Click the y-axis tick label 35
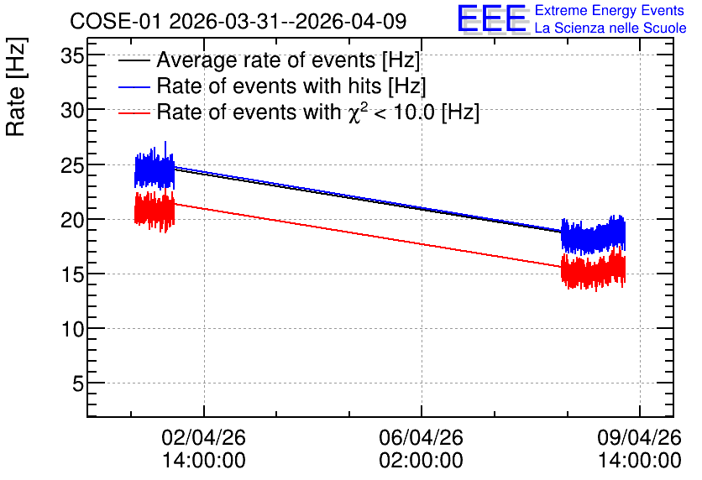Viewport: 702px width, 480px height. pyautogui.click(x=72, y=57)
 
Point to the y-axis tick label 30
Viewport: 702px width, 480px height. pyautogui.click(x=72, y=110)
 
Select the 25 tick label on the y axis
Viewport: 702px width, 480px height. pyautogui.click(x=72, y=165)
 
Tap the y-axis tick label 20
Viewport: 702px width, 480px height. pyautogui.click(x=72, y=220)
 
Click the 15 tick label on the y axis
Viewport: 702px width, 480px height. pyautogui.click(x=72, y=274)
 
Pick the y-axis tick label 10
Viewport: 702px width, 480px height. pyautogui.click(x=72, y=330)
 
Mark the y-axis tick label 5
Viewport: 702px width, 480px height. pyautogui.click(x=78, y=383)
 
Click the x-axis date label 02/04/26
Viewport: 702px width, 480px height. pyautogui.click(x=204, y=437)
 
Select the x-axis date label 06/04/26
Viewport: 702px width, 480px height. pyautogui.click(x=421, y=437)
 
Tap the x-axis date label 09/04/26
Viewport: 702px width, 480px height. pyautogui.click(x=639, y=437)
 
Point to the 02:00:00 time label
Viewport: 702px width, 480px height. pyautogui.click(x=421, y=461)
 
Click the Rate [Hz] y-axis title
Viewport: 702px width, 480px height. pyautogui.click(x=16, y=86)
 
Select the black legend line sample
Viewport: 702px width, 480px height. pyautogui.click(x=134, y=60)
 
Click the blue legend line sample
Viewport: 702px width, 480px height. pyautogui.click(x=134, y=86)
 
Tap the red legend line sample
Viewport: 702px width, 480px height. pyautogui.click(x=134, y=113)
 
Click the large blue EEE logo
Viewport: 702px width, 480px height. pyautogui.click(x=491, y=18)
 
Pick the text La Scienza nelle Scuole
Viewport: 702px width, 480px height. pyautogui.click(x=610, y=29)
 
